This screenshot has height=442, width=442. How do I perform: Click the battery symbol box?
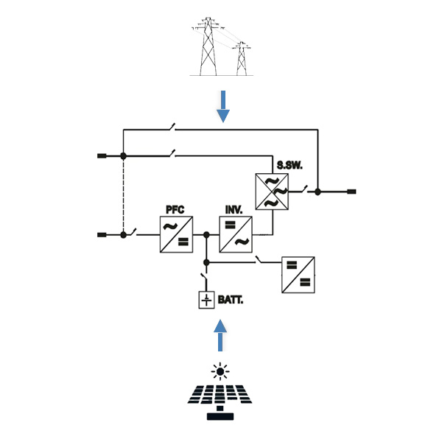pos(207,300)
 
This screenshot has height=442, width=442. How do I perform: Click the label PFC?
pos(175,210)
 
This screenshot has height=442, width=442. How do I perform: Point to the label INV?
pos(234,210)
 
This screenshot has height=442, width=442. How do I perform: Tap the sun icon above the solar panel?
pos(220,371)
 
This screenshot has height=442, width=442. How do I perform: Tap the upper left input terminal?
pos(102,156)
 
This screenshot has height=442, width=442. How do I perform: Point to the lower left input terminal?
pos(102,235)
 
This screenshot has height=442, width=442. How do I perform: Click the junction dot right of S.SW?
pos(318,192)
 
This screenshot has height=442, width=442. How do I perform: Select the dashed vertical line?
pos(124,195)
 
